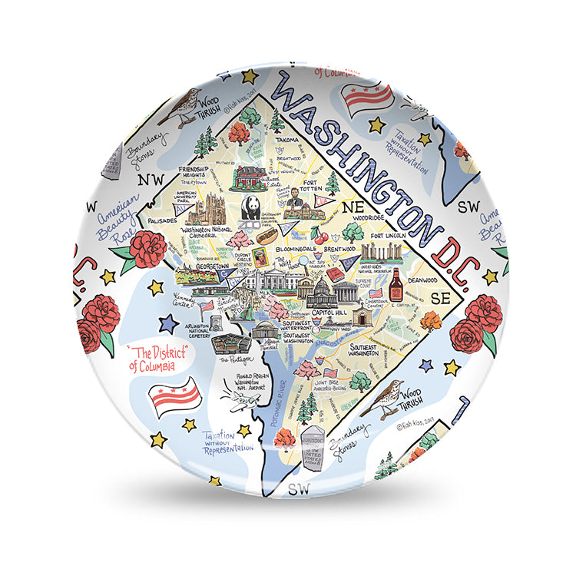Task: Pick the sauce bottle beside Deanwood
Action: tap(396, 286)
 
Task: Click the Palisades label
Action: tap(162, 220)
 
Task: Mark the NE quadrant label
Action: tap(352, 207)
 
